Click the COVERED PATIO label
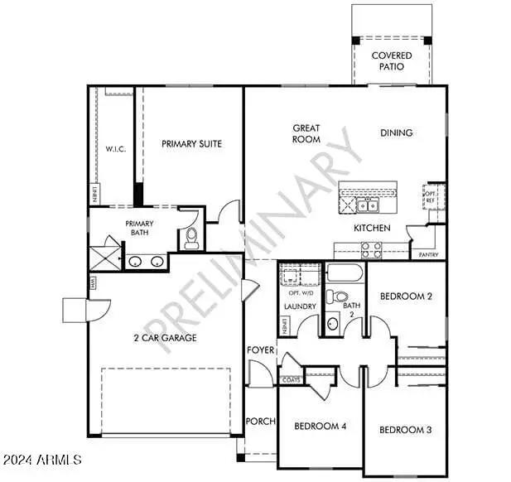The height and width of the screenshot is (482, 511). (392, 61)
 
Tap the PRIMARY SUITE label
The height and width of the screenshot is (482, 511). (191, 143)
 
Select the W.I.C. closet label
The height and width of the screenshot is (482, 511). (114, 150)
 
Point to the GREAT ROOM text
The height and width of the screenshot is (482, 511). (306, 133)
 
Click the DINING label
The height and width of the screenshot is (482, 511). (396, 133)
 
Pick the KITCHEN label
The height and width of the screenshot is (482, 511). (372, 227)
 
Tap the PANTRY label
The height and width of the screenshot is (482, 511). (428, 254)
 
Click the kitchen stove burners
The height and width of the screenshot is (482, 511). (369, 247)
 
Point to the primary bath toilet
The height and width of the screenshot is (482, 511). (191, 239)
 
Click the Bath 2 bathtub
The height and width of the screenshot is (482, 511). (345, 272)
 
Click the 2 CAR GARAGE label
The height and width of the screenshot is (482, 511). (165, 337)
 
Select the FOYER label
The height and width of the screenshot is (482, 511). (260, 350)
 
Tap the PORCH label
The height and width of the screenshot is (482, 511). (260, 422)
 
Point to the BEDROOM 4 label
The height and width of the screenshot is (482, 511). (320, 427)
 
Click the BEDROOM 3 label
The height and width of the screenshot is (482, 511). (405, 430)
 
